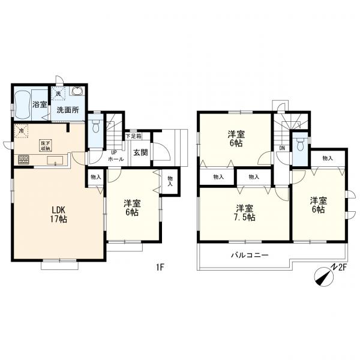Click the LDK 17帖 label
pos(59,214)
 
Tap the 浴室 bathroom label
pos(40,104)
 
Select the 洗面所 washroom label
pos(68,110)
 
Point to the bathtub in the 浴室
pos(23,104)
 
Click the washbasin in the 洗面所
pos(77,91)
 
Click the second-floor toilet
pos(300,145)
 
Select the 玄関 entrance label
pos(140,152)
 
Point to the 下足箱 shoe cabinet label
pos(133,136)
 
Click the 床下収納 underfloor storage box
pos(46,146)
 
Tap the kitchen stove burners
pos(24,160)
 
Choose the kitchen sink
pos(55,160)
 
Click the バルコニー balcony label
pos(250,255)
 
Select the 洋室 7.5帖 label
pos(245,213)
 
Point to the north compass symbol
pos(324,277)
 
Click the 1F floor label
pos(160,267)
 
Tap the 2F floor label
pos(343,268)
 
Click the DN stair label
pos(282,148)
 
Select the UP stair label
pos(114,152)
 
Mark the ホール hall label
pos(116,159)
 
